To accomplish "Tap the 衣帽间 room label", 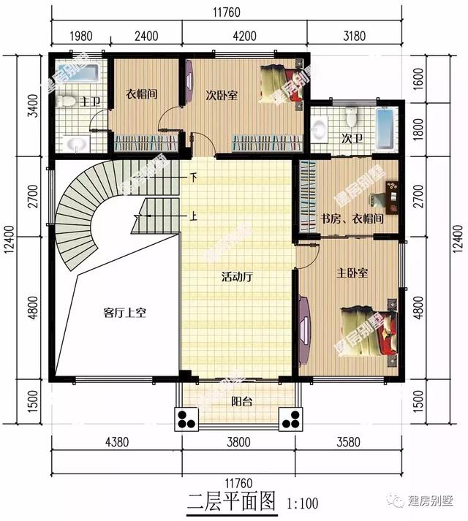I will coord(142,94).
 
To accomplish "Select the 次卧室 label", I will coord(220,95).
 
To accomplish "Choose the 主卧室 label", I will coord(352,273).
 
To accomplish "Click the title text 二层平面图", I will coord(230,501).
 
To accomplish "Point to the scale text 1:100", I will coord(303,503).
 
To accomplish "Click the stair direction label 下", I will coord(194,176).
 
